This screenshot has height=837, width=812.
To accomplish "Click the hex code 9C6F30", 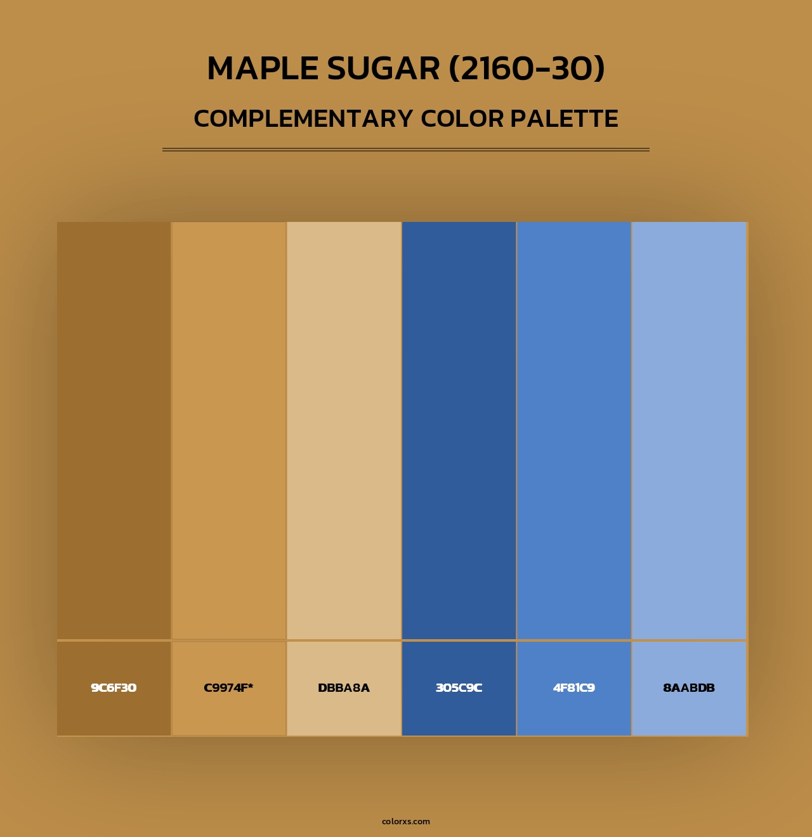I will click(x=114, y=688).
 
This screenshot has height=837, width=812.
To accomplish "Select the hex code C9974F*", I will click(x=228, y=688).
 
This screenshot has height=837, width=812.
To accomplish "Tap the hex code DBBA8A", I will click(x=344, y=688).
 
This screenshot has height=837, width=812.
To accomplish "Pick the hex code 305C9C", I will click(x=459, y=688).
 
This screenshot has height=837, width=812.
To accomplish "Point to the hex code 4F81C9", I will click(x=574, y=688).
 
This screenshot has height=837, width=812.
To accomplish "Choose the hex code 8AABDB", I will click(x=689, y=688).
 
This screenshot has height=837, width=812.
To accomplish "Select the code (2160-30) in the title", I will click(x=527, y=68).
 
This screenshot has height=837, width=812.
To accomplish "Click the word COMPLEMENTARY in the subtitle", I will click(x=303, y=119).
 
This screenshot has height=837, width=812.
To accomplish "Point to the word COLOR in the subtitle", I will click(x=462, y=119).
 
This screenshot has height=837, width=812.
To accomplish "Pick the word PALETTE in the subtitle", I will click(x=565, y=119).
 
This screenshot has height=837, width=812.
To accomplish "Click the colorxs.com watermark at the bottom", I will click(x=406, y=821).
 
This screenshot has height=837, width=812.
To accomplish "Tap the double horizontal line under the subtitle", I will click(x=406, y=150).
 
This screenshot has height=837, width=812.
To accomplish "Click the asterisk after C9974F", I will click(x=251, y=685).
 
